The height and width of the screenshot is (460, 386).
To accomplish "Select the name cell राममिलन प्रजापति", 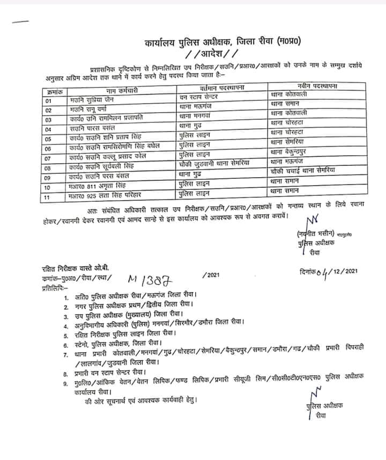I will [x=113, y=119].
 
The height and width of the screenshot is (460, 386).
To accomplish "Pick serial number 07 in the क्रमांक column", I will [x=49, y=158].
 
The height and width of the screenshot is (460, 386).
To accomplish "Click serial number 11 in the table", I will [x=49, y=198].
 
